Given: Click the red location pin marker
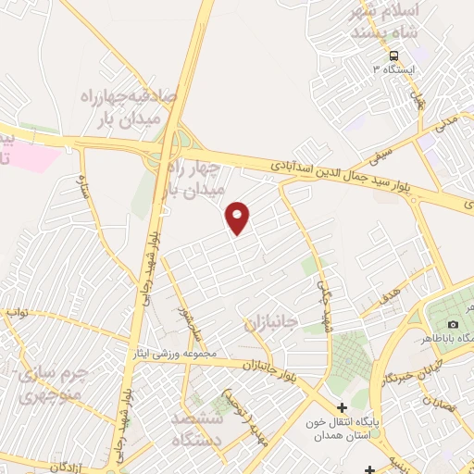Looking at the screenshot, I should click(x=239, y=217).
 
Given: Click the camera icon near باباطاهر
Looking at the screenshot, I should click(x=453, y=324).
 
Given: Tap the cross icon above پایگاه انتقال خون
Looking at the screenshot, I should click(x=342, y=407).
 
